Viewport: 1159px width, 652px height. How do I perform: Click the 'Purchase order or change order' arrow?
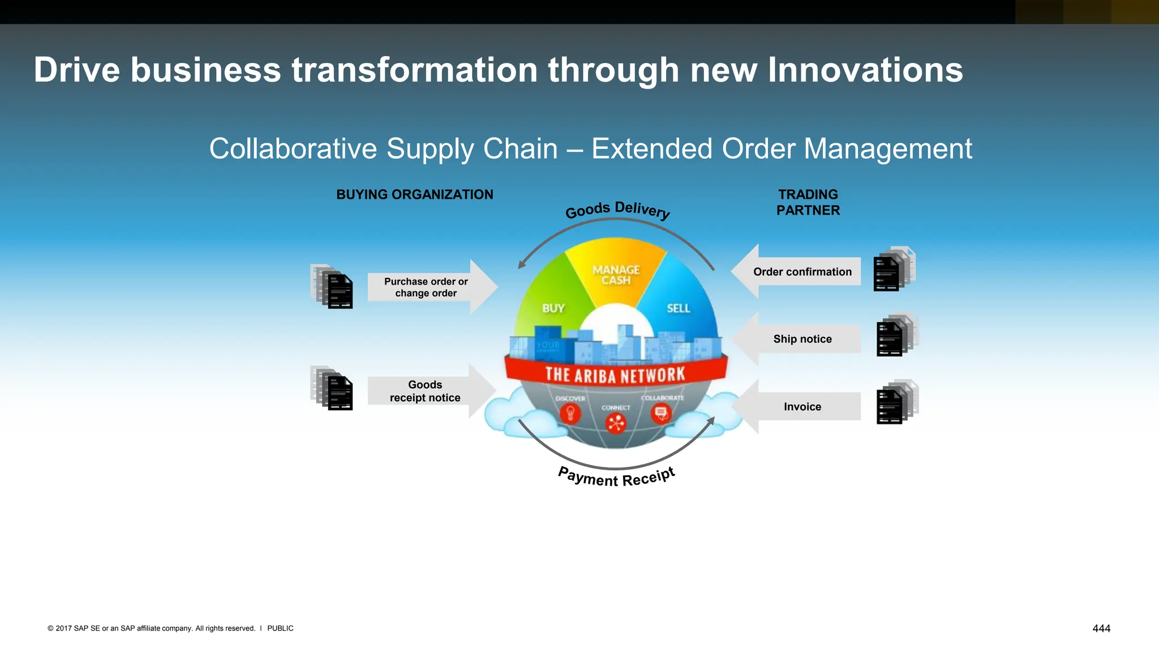[430, 288]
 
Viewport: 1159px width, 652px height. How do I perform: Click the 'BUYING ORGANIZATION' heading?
[415, 195]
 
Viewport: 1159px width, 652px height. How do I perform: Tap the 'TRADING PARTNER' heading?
[808, 203]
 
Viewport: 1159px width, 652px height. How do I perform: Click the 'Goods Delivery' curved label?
[617, 210]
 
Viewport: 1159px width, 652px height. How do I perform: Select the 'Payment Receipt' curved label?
[616, 477]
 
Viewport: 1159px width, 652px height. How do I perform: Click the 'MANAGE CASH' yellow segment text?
[616, 275]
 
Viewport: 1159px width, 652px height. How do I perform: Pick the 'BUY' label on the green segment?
[553, 308]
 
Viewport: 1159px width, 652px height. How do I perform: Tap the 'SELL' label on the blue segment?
[678, 308]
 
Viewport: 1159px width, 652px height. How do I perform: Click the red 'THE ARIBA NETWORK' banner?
[615, 375]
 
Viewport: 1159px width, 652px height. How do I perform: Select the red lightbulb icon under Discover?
[570, 414]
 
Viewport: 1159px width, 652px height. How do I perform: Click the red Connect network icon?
[616, 423]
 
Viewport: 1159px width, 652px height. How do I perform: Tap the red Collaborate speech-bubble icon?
[660, 414]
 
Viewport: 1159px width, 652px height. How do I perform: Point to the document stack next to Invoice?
[896, 402]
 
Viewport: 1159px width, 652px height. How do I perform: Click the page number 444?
[1101, 628]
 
